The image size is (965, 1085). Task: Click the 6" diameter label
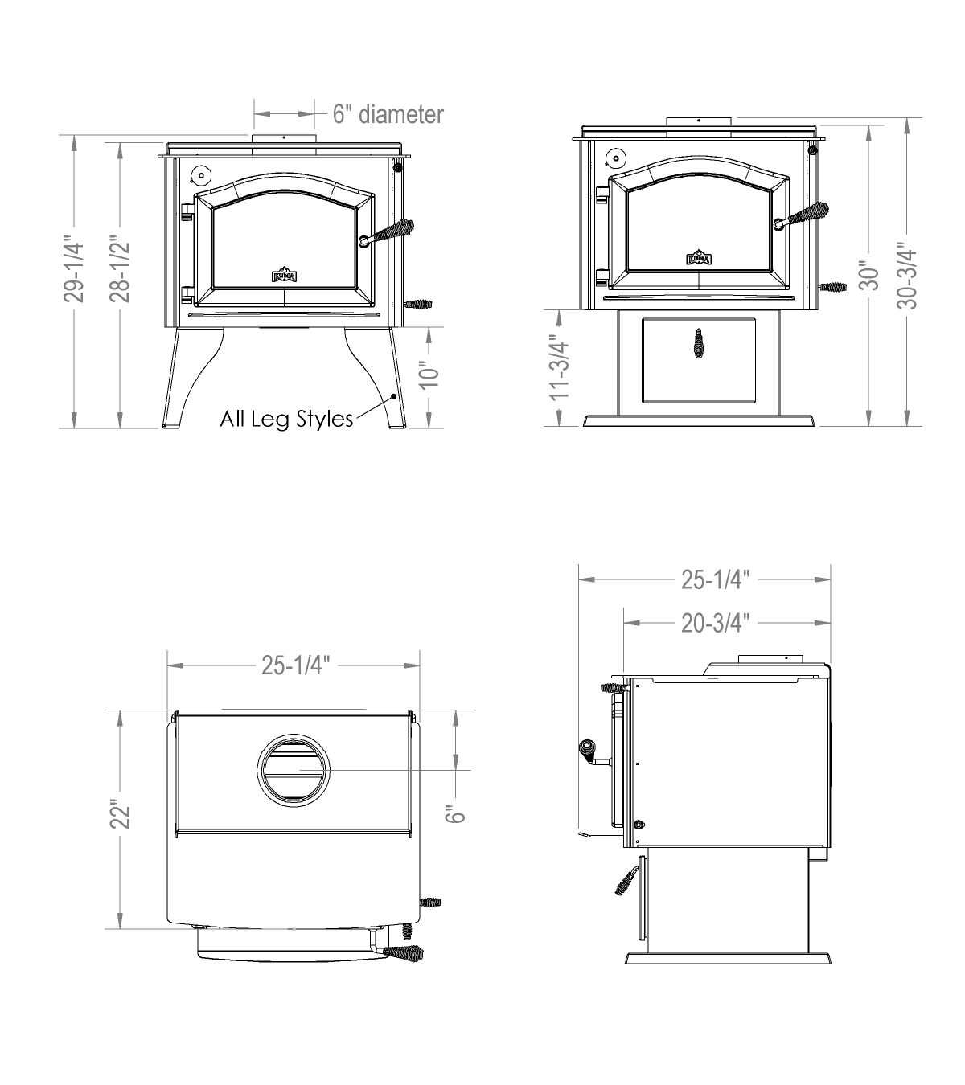(388, 114)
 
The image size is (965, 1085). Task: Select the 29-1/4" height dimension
(75, 272)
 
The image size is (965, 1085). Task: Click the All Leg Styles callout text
(286, 418)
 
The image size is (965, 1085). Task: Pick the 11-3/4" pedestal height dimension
(560, 366)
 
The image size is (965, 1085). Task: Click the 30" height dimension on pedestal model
(869, 276)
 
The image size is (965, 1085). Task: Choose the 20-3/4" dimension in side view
(716, 624)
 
